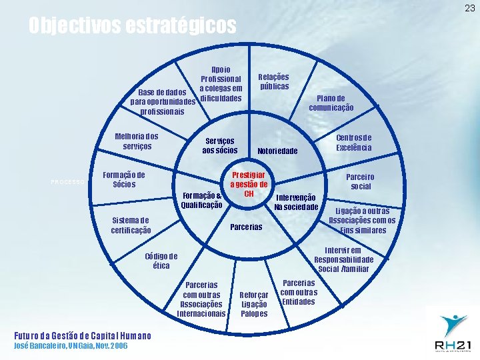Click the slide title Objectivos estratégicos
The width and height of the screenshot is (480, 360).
click(x=132, y=26)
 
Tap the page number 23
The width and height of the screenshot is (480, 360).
click(x=470, y=8)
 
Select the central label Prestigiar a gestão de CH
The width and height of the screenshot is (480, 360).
click(x=249, y=179)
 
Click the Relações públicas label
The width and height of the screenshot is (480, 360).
click(x=274, y=81)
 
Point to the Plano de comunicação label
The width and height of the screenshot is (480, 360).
click(x=331, y=103)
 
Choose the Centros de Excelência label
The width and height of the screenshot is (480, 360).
click(x=354, y=142)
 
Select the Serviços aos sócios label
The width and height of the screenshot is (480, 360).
click(x=219, y=146)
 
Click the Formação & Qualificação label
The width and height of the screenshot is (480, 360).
click(x=202, y=200)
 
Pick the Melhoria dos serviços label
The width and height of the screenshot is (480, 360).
click(x=137, y=141)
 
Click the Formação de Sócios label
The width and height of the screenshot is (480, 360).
click(x=124, y=179)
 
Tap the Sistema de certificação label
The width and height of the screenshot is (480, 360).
click(x=131, y=225)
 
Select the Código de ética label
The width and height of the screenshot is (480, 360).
click(x=161, y=260)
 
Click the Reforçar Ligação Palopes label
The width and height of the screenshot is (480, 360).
click(x=254, y=304)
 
